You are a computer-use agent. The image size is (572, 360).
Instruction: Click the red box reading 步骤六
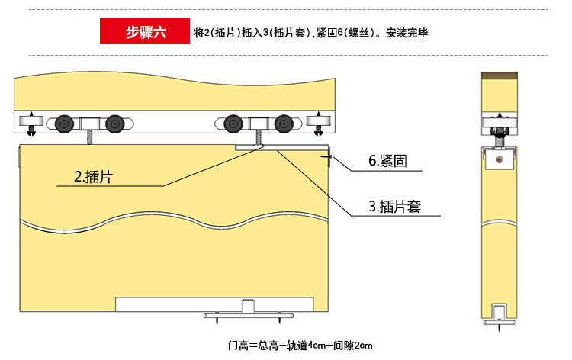[x=145, y=32]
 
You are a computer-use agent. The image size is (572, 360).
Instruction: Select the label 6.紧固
[x=387, y=161]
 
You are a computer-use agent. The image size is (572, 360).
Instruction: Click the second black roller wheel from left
[x=114, y=123]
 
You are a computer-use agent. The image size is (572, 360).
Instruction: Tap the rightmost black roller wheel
[x=284, y=123]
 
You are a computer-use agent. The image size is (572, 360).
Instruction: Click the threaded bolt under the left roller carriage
[x=88, y=138]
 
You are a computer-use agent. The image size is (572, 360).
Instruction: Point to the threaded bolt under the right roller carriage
[x=259, y=138]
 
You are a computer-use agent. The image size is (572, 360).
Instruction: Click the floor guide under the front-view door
[x=246, y=313]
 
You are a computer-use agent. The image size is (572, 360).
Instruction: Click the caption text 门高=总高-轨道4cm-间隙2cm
[x=300, y=345]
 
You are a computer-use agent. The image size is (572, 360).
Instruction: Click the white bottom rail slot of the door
[x=214, y=304]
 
